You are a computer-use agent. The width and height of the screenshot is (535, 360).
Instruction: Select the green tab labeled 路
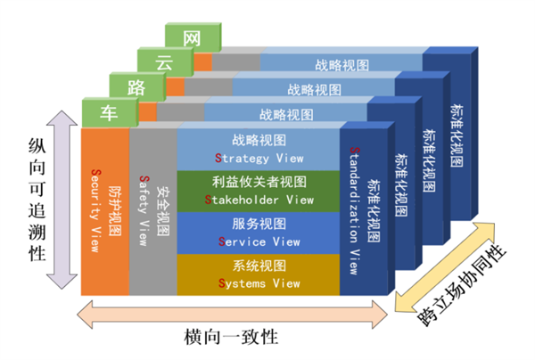(x=136, y=87)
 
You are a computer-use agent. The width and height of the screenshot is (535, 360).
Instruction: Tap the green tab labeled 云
(x=162, y=62)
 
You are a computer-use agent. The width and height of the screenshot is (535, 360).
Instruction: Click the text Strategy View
(x=259, y=158)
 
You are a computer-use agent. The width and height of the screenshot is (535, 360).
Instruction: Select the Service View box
(x=259, y=233)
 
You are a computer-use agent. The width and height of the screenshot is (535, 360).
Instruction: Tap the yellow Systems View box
(x=259, y=275)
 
